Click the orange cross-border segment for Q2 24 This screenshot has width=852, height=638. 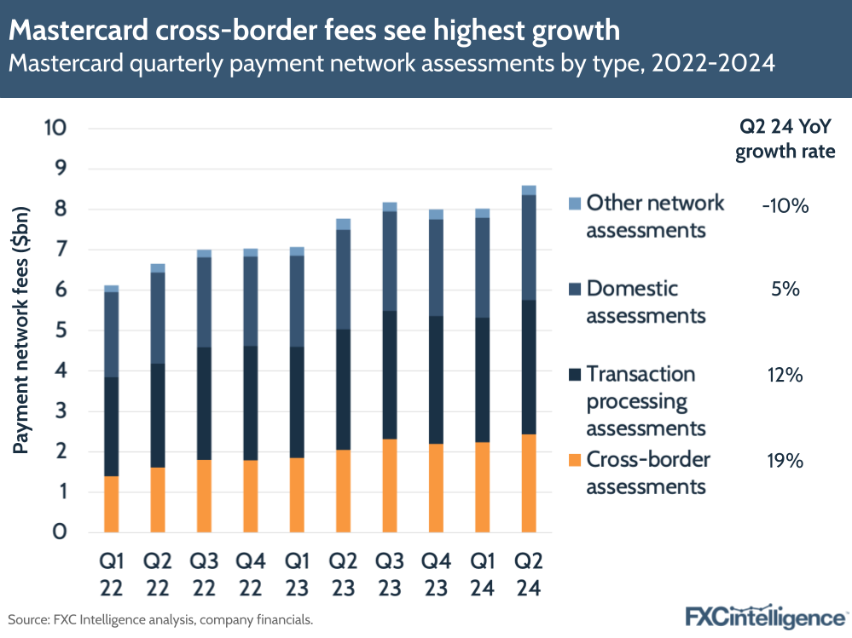528,483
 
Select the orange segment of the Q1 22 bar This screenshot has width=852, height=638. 112,504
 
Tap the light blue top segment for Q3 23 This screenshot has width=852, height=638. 390,206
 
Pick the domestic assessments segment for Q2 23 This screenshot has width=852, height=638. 343,279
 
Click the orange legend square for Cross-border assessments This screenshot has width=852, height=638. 573,460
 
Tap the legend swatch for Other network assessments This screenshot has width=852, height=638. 573,204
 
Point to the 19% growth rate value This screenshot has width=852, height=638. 784,461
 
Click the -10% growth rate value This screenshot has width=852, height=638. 784,205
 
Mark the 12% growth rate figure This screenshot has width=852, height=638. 784,375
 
